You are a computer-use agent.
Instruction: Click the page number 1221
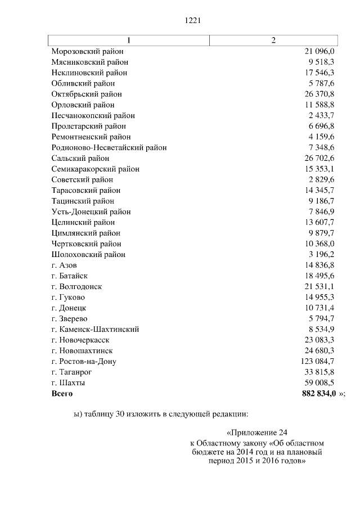point(193,21)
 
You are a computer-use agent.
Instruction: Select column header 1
point(128,40)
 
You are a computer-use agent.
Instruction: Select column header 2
point(273,40)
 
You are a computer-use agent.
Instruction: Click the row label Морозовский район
point(87,51)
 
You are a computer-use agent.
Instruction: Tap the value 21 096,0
point(319,51)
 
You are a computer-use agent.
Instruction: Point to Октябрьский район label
point(86,94)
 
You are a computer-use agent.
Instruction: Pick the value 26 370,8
point(319,94)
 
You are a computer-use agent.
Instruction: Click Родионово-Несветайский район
point(109,147)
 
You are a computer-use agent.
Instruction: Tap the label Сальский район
point(80,158)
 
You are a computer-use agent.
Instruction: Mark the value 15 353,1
point(319,169)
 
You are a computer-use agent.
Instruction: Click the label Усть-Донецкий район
point(91,211)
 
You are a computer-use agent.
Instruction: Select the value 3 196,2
point(321,254)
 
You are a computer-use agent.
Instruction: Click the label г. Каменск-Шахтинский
point(94,329)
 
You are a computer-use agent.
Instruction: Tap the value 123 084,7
point(317,361)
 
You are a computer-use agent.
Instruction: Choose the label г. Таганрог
point(71,372)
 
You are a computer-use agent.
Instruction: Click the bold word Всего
point(62,393)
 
